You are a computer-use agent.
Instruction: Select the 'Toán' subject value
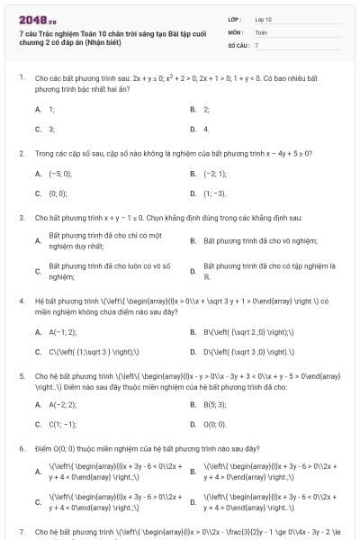click(x=261, y=31)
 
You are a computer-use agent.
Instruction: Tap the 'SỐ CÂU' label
click(x=238, y=43)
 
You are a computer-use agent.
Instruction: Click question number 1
click(x=21, y=78)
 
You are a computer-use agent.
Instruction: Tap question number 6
click(x=21, y=447)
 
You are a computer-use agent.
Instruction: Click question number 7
click(x=21, y=532)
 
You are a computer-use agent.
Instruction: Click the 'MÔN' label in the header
click(x=236, y=31)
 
